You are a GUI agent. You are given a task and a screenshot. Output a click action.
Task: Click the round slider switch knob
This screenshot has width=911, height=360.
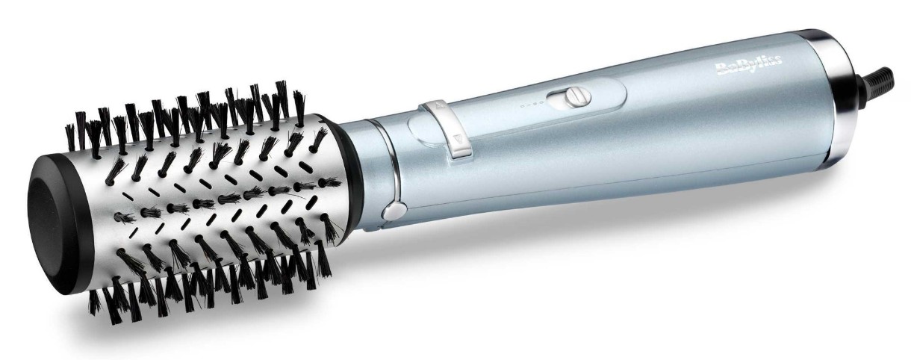[579, 97]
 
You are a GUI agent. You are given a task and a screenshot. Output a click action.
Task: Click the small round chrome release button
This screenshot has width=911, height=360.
[394, 211]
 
